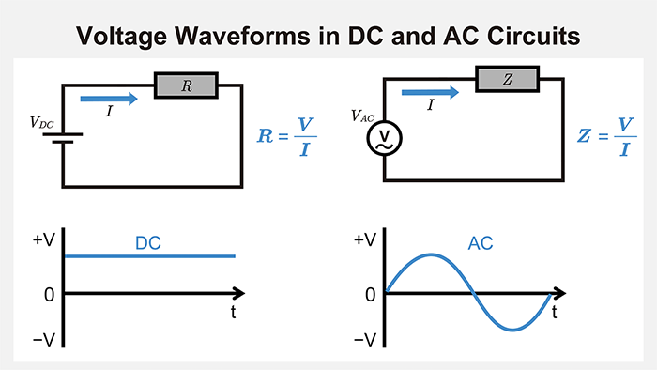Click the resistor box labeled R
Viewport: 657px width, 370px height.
click(x=186, y=86)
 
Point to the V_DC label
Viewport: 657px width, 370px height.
click(x=41, y=122)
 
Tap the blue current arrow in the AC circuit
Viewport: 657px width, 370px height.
click(x=430, y=91)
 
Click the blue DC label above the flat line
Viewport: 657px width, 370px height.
click(x=148, y=242)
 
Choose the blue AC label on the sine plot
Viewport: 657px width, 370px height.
click(x=481, y=243)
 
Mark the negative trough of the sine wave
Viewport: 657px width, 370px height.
click(x=512, y=330)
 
